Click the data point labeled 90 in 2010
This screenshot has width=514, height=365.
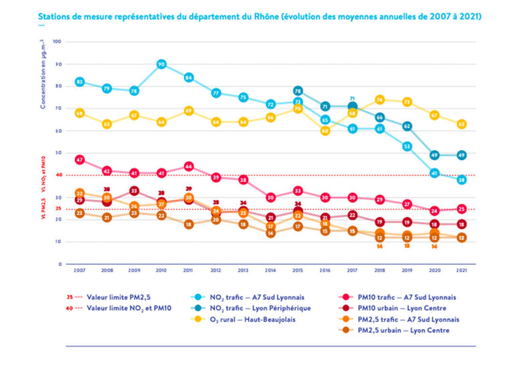pos(161,64)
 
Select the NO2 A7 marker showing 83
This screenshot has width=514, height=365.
pos(80,82)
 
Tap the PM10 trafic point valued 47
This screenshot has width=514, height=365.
pos(80,160)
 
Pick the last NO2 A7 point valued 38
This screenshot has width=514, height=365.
pos(462,179)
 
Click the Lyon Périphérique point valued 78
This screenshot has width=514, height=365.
pos(298,91)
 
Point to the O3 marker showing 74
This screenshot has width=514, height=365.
pos(380,100)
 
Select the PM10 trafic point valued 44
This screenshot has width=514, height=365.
pos(189,166)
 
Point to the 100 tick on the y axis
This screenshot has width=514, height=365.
pos(57,42)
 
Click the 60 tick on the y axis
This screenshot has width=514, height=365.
pos(58,131)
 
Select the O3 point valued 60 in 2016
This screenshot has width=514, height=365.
pos(325,131)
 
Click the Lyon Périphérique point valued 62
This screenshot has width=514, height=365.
pos(407,126)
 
